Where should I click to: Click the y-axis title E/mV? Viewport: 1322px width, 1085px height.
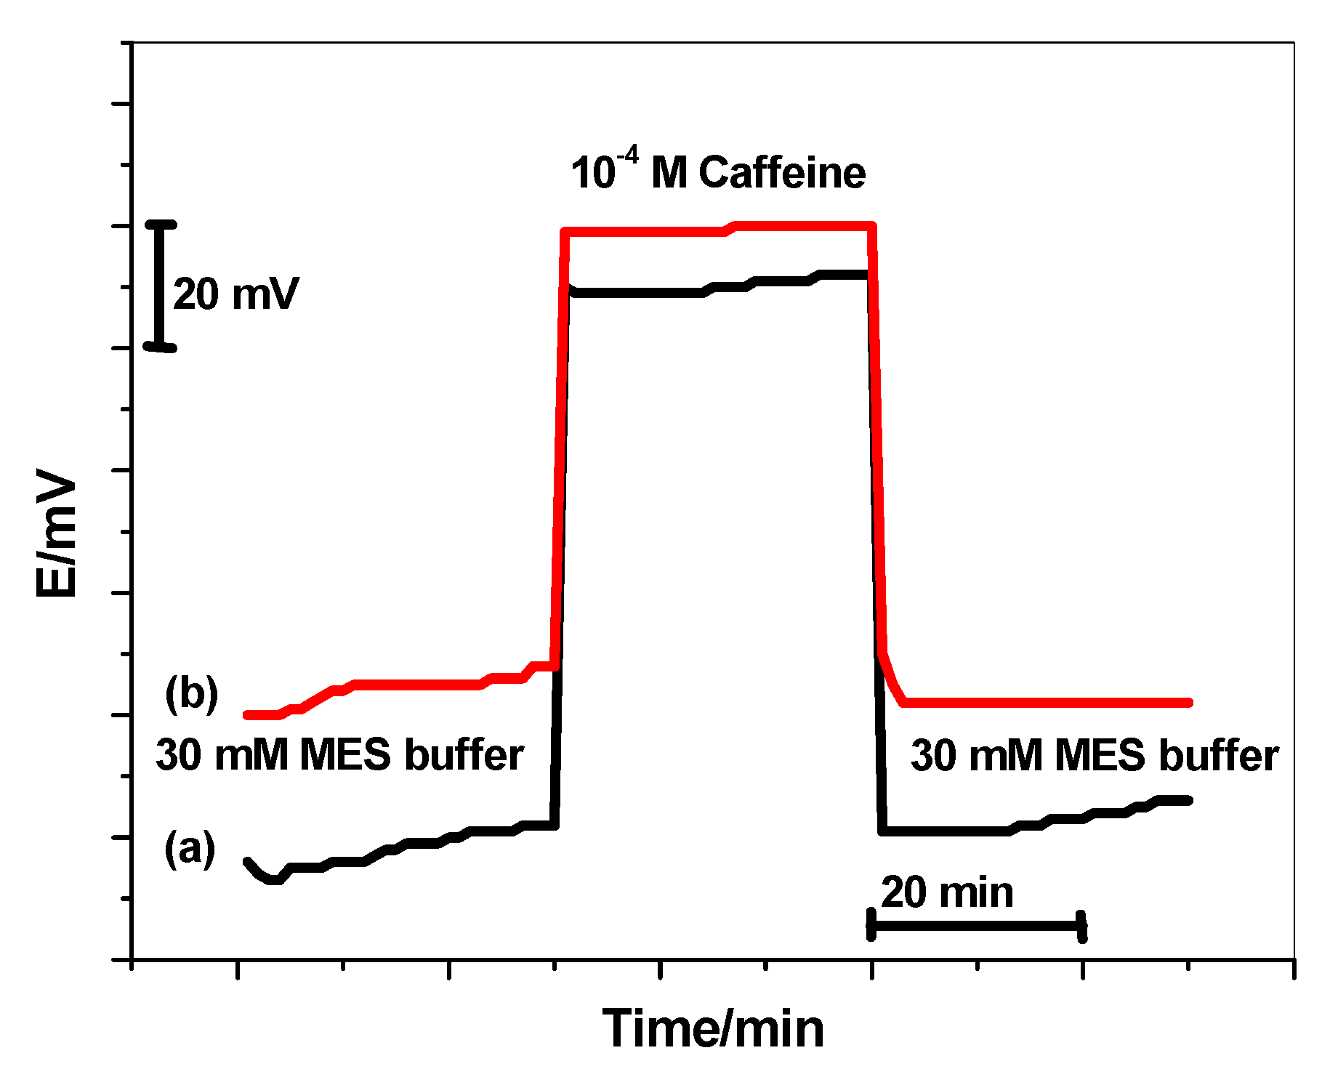coord(57,534)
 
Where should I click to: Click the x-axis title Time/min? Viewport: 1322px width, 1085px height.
coord(713,1028)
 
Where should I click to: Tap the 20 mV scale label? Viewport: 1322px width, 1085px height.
coord(236,294)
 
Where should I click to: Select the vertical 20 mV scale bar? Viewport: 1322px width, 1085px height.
coord(161,286)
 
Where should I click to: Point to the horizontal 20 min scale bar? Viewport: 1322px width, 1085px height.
coord(976,926)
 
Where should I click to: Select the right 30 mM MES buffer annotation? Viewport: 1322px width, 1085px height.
coord(1095,756)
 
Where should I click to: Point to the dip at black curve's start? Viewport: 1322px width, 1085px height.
coord(273,879)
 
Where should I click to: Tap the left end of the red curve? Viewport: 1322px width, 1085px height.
coord(248,715)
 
